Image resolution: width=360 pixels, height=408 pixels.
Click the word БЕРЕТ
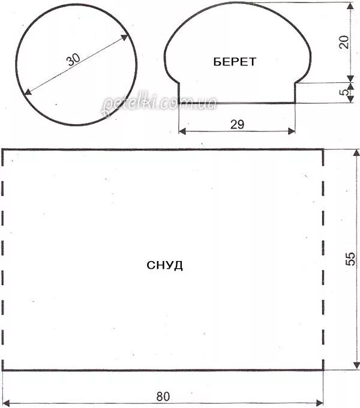tap(234, 61)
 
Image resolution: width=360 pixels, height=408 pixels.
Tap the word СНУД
tap(164, 265)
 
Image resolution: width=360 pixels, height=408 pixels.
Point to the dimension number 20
tap(344, 42)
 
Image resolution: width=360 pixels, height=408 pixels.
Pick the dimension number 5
tap(344, 92)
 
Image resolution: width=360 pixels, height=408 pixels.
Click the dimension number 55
tap(351, 258)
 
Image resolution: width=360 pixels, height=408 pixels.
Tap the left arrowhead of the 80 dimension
tap(6, 402)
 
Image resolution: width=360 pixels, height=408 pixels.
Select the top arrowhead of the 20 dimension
tap(351, 5)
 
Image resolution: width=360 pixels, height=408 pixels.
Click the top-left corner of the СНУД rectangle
tap(3, 149)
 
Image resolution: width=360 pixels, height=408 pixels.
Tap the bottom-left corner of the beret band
tap(179, 103)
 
